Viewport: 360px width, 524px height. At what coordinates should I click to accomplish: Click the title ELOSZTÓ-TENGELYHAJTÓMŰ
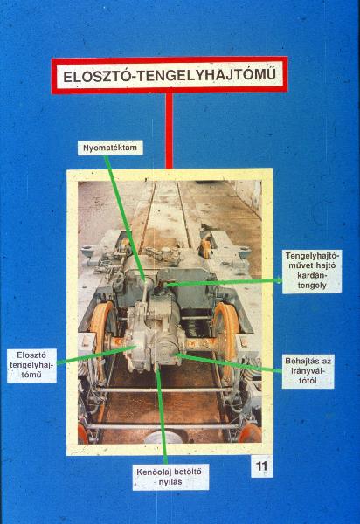pyautogui.click(x=170, y=75)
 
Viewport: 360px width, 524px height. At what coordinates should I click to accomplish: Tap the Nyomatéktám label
pyautogui.click(x=110, y=148)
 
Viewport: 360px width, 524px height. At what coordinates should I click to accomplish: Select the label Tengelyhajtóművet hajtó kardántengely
pyautogui.click(x=312, y=271)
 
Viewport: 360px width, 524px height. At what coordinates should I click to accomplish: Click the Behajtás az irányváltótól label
pyautogui.click(x=308, y=371)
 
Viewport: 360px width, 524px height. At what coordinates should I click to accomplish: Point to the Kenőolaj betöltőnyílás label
pyautogui.click(x=170, y=477)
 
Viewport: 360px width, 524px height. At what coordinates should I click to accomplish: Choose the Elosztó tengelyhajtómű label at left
pyautogui.click(x=31, y=365)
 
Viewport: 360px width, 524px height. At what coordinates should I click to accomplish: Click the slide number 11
pyautogui.click(x=262, y=465)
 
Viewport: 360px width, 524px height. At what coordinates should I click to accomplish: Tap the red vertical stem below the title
pyautogui.click(x=170, y=131)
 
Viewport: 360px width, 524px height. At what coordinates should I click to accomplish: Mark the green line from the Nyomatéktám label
pyautogui.click(x=125, y=218)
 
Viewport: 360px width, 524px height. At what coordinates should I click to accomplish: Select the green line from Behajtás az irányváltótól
pyautogui.click(x=229, y=362)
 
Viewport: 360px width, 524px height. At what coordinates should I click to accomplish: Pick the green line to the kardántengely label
pyautogui.click(x=224, y=283)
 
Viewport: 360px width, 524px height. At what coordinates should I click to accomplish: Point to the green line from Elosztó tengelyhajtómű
pyautogui.click(x=96, y=355)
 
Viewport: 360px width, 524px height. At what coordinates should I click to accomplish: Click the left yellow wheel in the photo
pyautogui.click(x=100, y=337)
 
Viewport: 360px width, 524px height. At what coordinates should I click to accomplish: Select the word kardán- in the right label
pyautogui.click(x=312, y=276)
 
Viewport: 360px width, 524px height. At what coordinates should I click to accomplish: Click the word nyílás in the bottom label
pyautogui.click(x=170, y=482)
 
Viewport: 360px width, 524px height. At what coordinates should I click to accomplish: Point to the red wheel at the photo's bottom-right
pyautogui.click(x=250, y=434)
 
